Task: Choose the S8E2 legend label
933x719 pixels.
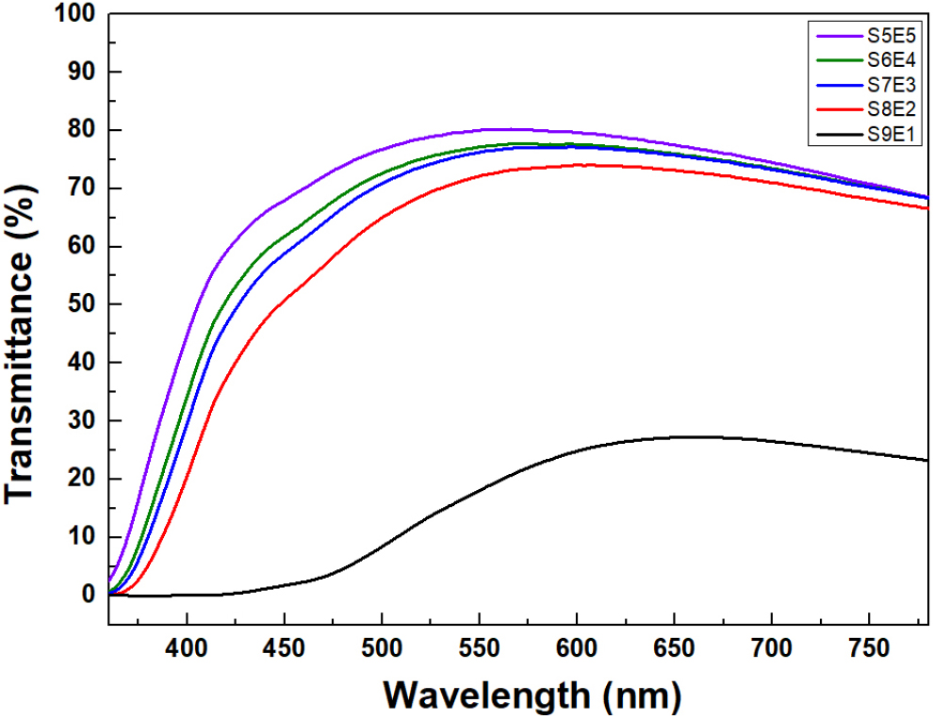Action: (x=891, y=108)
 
